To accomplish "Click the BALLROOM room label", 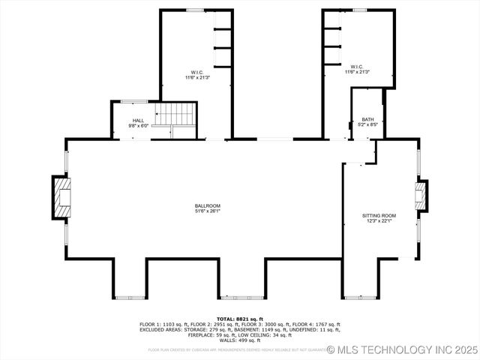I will click(x=208, y=205).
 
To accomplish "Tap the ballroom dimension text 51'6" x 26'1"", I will click(x=208, y=211).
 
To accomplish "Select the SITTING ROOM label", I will click(x=379, y=215).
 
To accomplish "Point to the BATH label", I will click(x=367, y=119).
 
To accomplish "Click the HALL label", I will click(x=138, y=121).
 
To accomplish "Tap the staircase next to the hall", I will click(x=178, y=117).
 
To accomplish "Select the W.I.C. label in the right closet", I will click(x=357, y=67).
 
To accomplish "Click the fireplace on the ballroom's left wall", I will click(x=61, y=198).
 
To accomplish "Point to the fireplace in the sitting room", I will click(x=420, y=196).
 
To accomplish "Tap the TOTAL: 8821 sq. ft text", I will click(x=240, y=319).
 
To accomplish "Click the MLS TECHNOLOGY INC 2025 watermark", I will click(x=401, y=349).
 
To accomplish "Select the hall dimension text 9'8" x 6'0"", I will click(x=138, y=126).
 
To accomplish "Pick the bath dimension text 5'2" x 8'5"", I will click(x=367, y=124).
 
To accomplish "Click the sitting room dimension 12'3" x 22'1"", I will click(x=379, y=220).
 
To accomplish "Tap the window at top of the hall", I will click(x=134, y=100).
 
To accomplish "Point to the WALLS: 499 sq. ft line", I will click(x=240, y=340).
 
